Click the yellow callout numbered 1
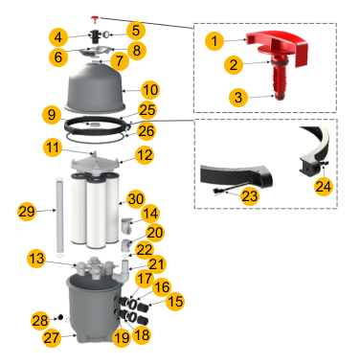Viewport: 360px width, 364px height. click(x=214, y=41)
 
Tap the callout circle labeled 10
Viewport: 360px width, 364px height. click(x=150, y=90)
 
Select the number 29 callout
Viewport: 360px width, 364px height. click(x=27, y=211)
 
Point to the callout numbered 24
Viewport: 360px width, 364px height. click(x=324, y=187)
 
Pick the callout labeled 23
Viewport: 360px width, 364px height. click(x=249, y=195)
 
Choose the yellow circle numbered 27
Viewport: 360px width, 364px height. click(x=52, y=338)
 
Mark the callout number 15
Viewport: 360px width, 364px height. click(x=175, y=301)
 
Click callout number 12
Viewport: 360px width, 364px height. click(x=145, y=155)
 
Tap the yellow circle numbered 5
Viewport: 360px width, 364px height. click(x=136, y=31)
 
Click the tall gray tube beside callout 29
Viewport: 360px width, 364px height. click(x=59, y=216)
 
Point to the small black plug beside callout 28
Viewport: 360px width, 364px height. click(x=59, y=317)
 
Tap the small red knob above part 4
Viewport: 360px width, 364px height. click(x=95, y=19)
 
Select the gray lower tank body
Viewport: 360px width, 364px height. click(x=94, y=309)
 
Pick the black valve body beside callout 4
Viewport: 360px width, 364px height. click(x=95, y=36)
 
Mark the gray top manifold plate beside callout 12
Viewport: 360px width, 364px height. click(x=96, y=164)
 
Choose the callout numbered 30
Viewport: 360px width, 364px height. click(x=136, y=199)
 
